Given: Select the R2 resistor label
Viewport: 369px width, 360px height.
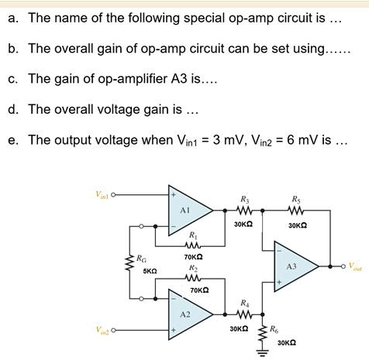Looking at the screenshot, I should pos(193,265).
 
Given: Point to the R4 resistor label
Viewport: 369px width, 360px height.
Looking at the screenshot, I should pos(245,302).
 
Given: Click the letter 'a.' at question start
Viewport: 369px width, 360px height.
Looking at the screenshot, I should pos(13,17).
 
